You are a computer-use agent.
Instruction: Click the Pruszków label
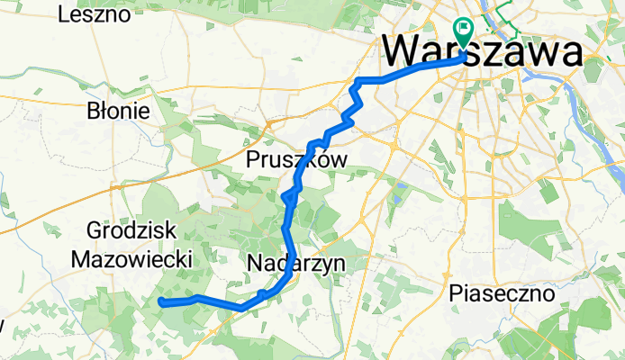click(x=296, y=159)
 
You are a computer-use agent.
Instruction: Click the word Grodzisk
click(x=131, y=229)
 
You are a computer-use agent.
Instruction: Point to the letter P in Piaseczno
click(x=455, y=293)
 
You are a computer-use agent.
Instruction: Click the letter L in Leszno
click(x=62, y=14)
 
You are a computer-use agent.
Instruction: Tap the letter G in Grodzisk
click(x=95, y=229)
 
